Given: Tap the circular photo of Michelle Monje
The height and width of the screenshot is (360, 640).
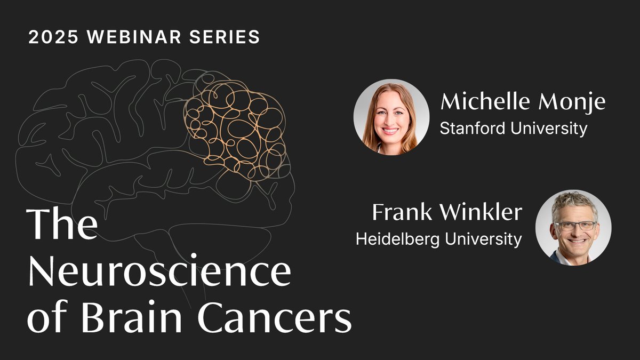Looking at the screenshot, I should point(391,117).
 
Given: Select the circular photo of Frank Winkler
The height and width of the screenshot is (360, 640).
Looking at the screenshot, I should point(573,228).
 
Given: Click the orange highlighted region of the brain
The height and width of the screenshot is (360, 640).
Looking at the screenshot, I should point(235,128).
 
